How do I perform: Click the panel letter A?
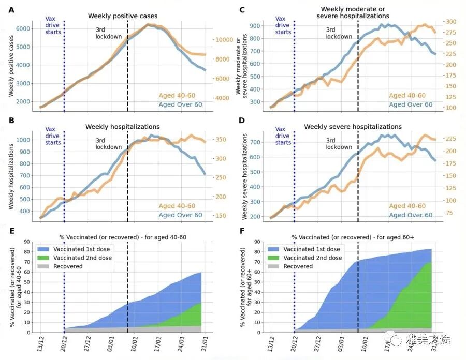(11, 10)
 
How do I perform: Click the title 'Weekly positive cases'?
(123, 16)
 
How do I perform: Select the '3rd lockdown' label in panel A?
(108, 33)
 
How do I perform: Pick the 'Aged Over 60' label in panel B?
(180, 215)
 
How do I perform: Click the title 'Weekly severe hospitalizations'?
(353, 126)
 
